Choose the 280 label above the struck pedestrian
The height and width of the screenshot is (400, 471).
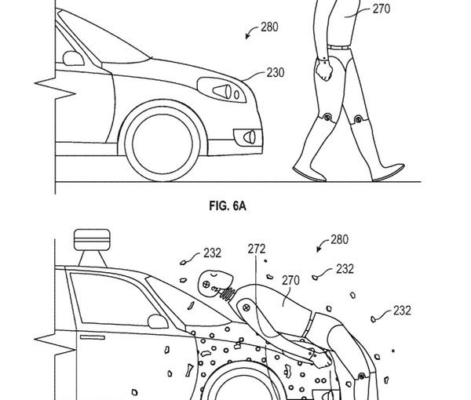pos(341,239)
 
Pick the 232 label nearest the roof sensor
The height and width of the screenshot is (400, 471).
pos(210,253)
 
